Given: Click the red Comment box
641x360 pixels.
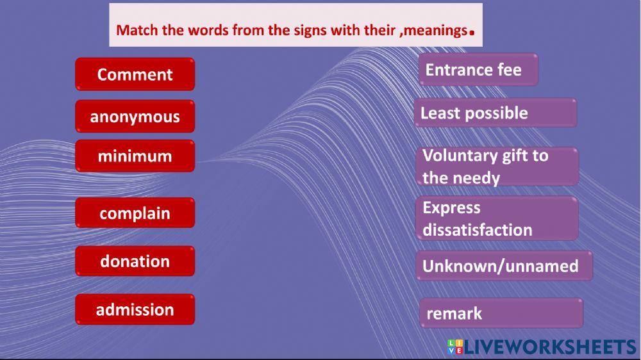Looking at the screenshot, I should pyautogui.click(x=135, y=74).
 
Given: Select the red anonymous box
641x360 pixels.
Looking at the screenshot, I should pyautogui.click(x=135, y=117).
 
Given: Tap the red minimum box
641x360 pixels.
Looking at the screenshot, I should pyautogui.click(x=135, y=156).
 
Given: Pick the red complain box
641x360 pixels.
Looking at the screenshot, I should pyautogui.click(x=135, y=213).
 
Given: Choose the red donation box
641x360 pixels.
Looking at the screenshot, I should pyautogui.click(x=135, y=261).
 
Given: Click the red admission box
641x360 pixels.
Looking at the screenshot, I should pyautogui.click(x=135, y=309).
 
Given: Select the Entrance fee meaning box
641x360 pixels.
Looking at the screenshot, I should pyautogui.click(x=478, y=69).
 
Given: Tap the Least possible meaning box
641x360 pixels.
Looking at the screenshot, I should pyautogui.click(x=495, y=113).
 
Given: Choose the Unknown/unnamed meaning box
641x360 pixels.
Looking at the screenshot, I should pyautogui.click(x=504, y=266).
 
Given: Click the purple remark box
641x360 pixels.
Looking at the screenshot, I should pyautogui.click(x=501, y=313).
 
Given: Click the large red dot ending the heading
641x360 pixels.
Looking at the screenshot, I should pyautogui.click(x=472, y=32).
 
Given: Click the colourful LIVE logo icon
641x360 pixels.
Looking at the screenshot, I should pyautogui.click(x=455, y=347).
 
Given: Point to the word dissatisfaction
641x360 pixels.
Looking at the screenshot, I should pyautogui.click(x=477, y=229).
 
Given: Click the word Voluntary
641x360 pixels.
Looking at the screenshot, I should pyautogui.click(x=460, y=156).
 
